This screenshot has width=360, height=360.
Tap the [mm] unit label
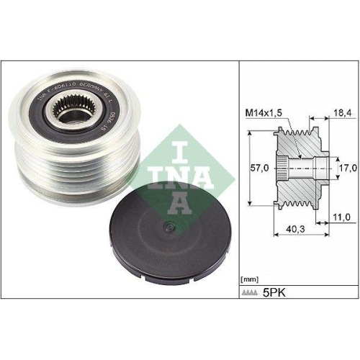pos(248,277)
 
